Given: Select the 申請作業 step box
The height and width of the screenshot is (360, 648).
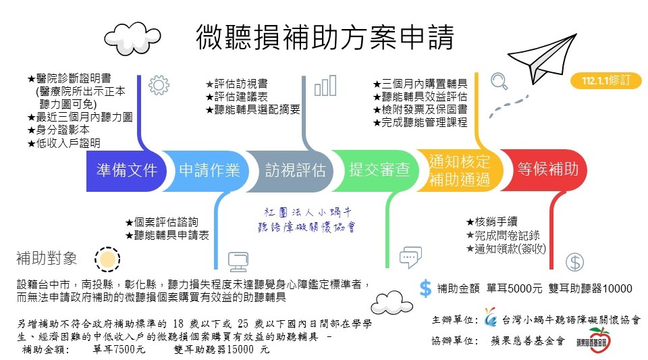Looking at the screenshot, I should [x=209, y=170].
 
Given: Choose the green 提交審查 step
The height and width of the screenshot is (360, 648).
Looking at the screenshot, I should [x=378, y=170].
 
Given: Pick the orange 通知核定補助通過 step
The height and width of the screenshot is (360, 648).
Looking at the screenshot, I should [x=460, y=170].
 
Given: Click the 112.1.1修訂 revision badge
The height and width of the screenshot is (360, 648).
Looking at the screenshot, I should [x=605, y=80].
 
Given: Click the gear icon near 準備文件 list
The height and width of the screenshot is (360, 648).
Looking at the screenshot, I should [x=158, y=84].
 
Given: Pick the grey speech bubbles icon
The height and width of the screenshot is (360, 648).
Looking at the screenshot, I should [x=410, y=257].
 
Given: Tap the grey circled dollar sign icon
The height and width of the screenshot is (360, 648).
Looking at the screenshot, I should [x=574, y=262].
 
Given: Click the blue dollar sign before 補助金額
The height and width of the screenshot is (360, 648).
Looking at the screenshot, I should [x=425, y=288].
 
